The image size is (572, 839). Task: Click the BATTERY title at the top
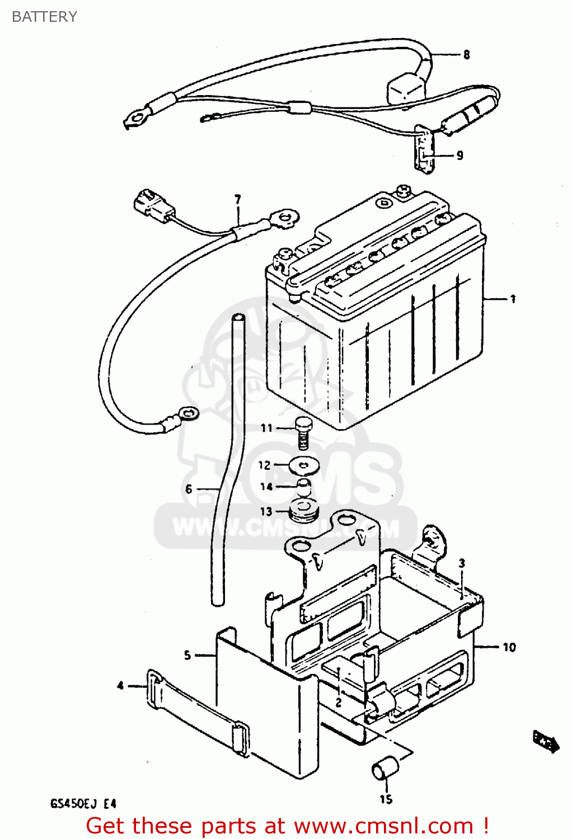pos(44,17)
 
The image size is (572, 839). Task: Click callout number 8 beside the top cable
pos(466,55)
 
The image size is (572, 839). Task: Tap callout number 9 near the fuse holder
pos(460,155)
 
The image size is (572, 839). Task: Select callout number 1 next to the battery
pos(512,299)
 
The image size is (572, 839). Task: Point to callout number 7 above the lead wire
pos(238,200)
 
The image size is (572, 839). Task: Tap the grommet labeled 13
pos(303,510)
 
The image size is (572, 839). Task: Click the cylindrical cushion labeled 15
pos(385,769)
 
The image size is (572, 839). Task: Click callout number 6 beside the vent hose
pos(189,489)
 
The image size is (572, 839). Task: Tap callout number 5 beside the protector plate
pos(187,655)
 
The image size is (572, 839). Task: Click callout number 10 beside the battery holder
pos(509,647)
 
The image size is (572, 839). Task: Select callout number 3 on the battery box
pos(462,563)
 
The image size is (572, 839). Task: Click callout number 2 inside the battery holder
pos(338,703)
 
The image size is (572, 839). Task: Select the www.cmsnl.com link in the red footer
pos(383,826)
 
